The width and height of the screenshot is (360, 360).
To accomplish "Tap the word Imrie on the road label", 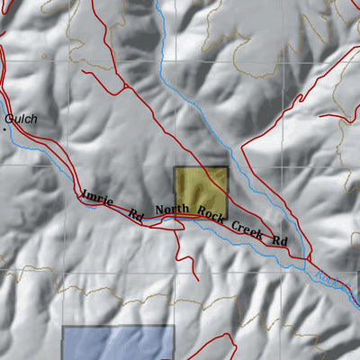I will pos(97,199).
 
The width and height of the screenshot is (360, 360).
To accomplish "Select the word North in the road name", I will pos(171,211).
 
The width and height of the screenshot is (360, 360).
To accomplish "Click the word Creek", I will pos(247,228).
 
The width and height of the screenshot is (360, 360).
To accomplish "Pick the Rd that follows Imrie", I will pos(136,215).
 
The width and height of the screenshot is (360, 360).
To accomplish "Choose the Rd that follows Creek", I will pos(280,241).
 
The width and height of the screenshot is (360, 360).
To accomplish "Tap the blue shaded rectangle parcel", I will pos(117,344).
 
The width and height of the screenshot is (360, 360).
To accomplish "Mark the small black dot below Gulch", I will pos(4,130).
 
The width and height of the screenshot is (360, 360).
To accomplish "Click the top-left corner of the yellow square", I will pos(174,166).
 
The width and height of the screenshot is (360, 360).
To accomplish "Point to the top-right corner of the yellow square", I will pos(229,166).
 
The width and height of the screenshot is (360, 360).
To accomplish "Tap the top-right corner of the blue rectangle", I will pos(173,327).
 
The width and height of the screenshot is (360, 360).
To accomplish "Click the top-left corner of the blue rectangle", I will pos(62,327).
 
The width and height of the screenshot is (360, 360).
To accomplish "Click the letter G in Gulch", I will pos(8,118).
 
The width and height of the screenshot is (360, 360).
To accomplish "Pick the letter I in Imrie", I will pos(85,193).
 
